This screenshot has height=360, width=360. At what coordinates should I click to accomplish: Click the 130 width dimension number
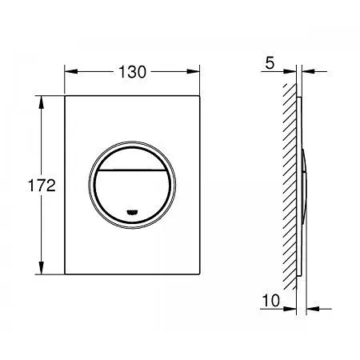[132, 72]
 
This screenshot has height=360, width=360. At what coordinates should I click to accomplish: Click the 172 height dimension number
[42, 186]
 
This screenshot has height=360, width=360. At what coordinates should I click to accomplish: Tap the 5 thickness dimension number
[270, 63]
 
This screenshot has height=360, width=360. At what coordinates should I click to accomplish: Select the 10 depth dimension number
[271, 301]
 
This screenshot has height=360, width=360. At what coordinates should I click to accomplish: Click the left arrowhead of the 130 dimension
[71, 71]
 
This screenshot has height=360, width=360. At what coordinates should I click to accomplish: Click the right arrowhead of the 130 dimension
[193, 71]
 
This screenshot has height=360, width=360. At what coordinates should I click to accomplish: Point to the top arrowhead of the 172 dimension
[41, 102]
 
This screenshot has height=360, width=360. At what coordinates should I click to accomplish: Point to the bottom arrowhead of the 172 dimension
[41, 268]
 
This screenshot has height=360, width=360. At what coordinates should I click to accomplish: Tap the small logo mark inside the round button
[132, 212]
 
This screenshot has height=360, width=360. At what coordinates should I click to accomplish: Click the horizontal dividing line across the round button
[132, 170]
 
